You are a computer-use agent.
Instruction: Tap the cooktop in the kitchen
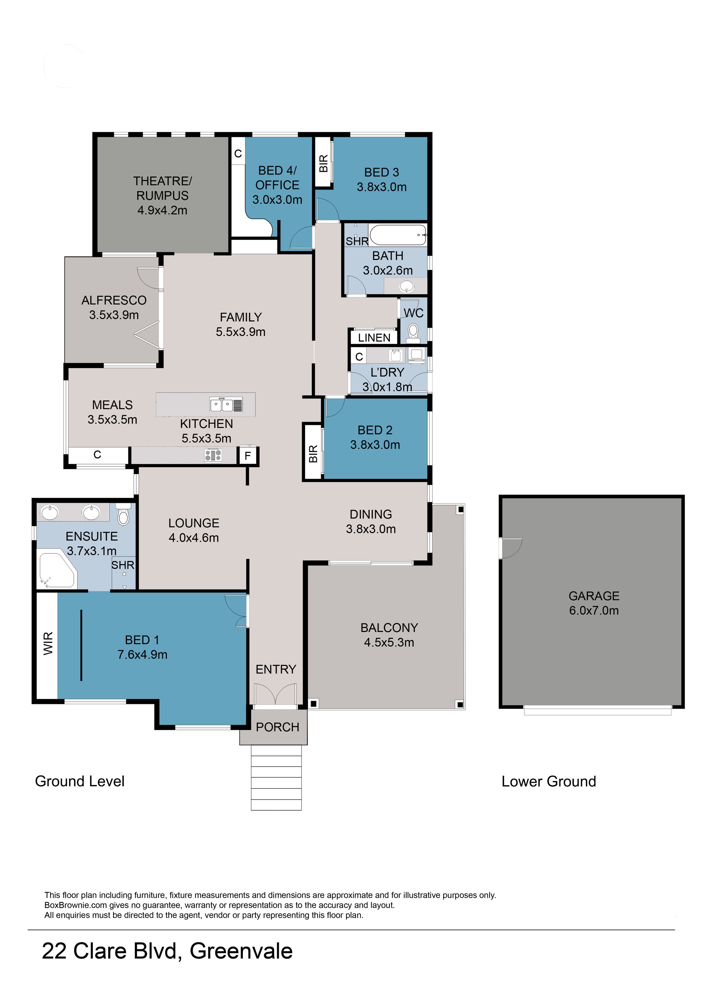(x=213, y=455)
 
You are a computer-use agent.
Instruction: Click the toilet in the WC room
(x=413, y=332)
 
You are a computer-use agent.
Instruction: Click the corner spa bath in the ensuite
(x=57, y=570)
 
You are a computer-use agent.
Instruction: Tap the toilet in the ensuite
(x=123, y=515)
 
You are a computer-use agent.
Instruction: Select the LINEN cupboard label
(x=374, y=338)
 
